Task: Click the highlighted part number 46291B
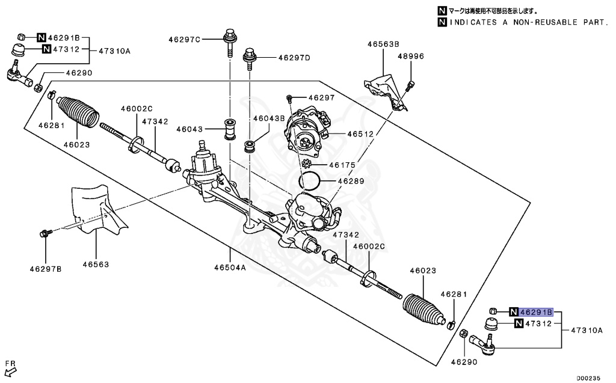coord(535,312)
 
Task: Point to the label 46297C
coord(183,40)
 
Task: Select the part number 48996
coord(410,56)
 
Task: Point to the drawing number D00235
coord(588,378)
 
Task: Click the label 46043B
coord(268,118)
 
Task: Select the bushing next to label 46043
coord(230,129)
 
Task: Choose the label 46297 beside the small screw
coord(321,97)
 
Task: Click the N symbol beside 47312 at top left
coord(46,49)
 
